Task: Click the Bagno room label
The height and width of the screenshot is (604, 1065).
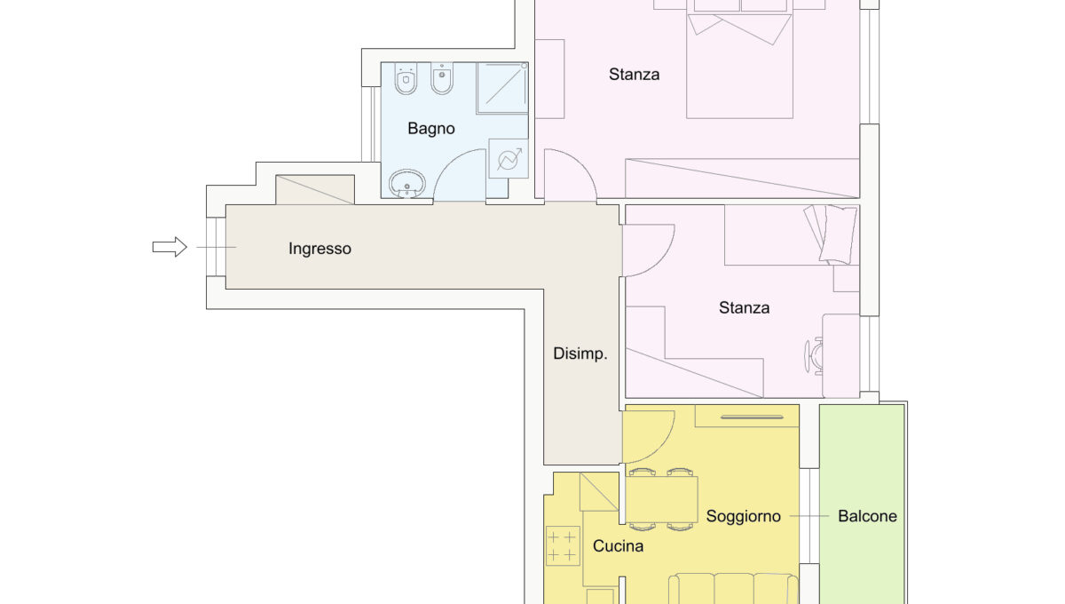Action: [431, 129]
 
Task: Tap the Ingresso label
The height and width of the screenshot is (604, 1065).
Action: [320, 249]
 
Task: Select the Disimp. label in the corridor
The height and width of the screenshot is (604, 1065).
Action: [580, 354]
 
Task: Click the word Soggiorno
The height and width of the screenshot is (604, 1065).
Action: [743, 516]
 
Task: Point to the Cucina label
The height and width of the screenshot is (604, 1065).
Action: [618, 546]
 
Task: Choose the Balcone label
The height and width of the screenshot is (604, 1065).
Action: [867, 516]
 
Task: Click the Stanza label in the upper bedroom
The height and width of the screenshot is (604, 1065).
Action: [634, 75]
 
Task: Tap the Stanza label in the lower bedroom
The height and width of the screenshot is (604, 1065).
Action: [744, 307]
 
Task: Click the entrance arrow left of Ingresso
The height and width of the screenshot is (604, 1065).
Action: [170, 247]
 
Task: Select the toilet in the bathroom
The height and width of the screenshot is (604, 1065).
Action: [406, 78]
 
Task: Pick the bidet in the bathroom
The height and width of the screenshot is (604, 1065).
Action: [442, 78]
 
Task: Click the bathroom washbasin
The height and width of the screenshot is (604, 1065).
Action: [407, 184]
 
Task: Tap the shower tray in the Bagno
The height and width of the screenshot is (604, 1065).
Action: [502, 88]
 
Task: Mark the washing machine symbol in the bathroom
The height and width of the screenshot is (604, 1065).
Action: [509, 158]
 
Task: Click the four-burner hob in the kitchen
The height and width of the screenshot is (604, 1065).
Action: [563, 545]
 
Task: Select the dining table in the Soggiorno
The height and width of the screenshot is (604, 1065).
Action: [661, 499]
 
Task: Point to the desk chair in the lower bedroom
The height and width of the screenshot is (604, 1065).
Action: [814, 356]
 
